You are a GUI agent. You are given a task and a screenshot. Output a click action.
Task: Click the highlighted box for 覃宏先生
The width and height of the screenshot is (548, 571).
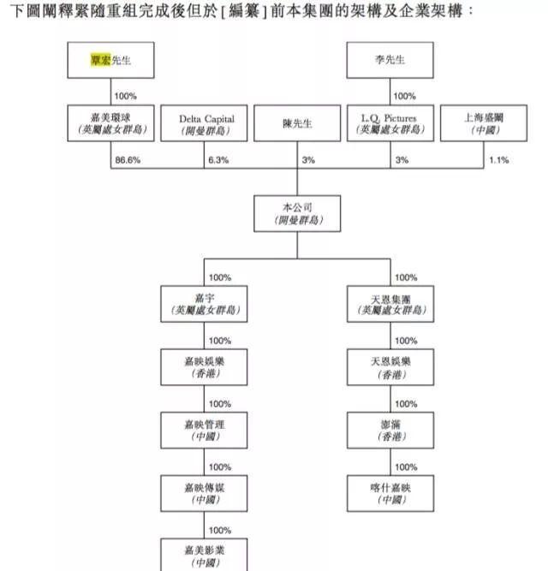pyautogui.click(x=111, y=61)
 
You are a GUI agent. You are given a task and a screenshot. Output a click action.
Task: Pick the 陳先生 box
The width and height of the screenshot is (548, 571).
pyautogui.click(x=298, y=124)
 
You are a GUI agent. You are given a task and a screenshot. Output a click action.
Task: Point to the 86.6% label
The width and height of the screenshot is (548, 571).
pyautogui.click(x=127, y=160)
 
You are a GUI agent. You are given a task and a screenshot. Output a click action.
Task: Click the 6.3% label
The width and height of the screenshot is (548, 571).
pyautogui.click(x=219, y=160)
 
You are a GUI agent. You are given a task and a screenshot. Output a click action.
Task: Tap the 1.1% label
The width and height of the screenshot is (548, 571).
pyautogui.click(x=499, y=160)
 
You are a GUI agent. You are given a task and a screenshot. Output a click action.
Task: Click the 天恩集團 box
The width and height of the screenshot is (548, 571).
pyautogui.click(x=391, y=303)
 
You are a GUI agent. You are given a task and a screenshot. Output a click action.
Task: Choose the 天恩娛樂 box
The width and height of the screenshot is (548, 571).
pyautogui.click(x=391, y=367)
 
